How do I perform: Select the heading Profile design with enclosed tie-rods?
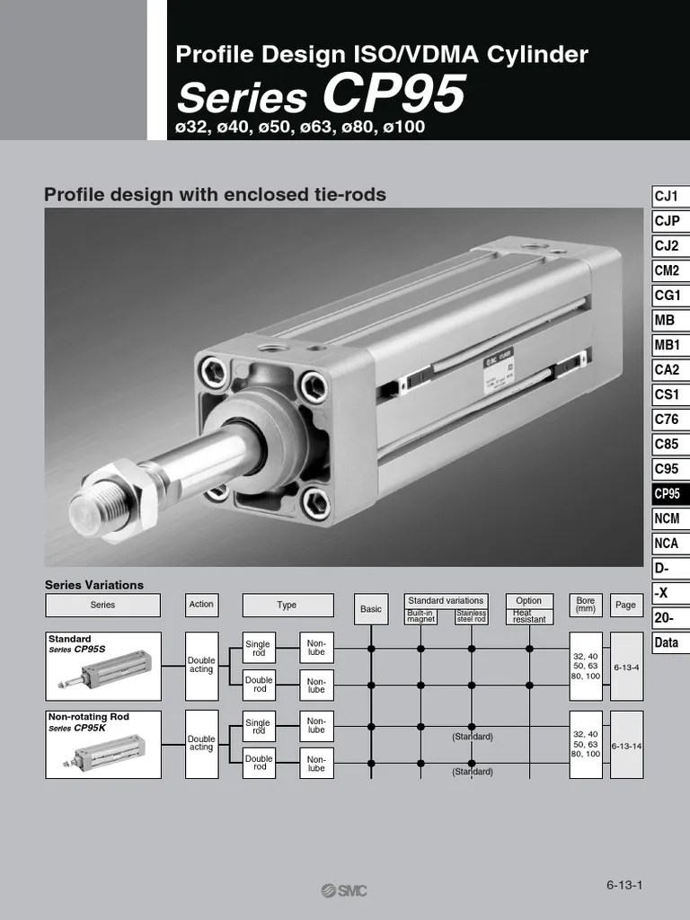click(x=216, y=194)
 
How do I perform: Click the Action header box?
click(x=201, y=605)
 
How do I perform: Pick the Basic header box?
click(x=371, y=609)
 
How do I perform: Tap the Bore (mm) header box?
click(x=586, y=605)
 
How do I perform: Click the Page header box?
click(x=625, y=605)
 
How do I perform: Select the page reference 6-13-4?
click(x=625, y=668)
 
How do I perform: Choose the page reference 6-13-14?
click(x=625, y=746)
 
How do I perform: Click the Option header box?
click(x=529, y=600)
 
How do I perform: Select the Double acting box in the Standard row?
click(x=201, y=666)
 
